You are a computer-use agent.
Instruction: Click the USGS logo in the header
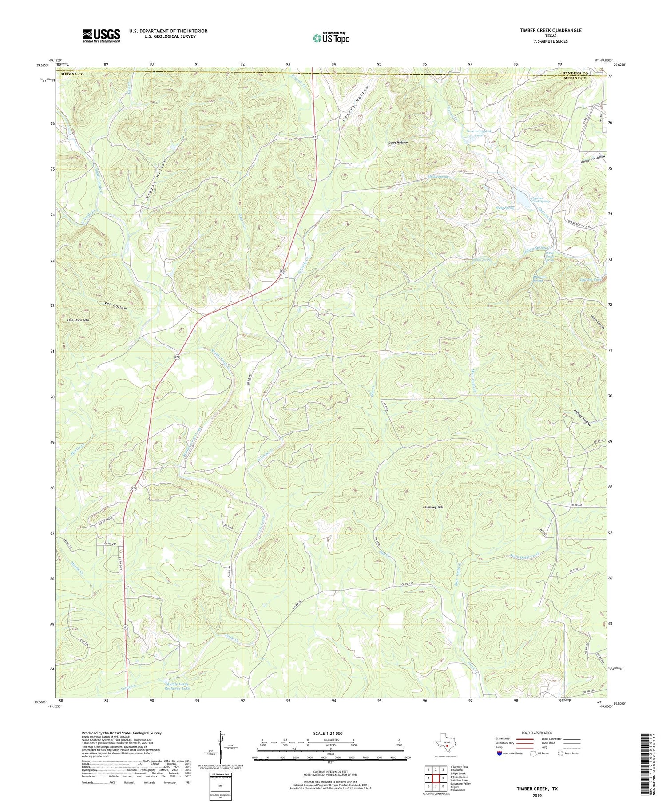point(101,36)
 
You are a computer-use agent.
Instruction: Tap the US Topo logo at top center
point(331,38)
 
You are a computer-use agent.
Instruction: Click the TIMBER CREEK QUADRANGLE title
point(544,30)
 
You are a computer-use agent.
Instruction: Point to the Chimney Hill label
point(433,507)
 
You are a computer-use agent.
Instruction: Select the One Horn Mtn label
point(78,320)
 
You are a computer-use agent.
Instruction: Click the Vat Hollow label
point(115,305)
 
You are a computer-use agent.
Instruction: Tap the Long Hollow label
point(398,143)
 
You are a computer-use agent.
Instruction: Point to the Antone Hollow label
point(583,417)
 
